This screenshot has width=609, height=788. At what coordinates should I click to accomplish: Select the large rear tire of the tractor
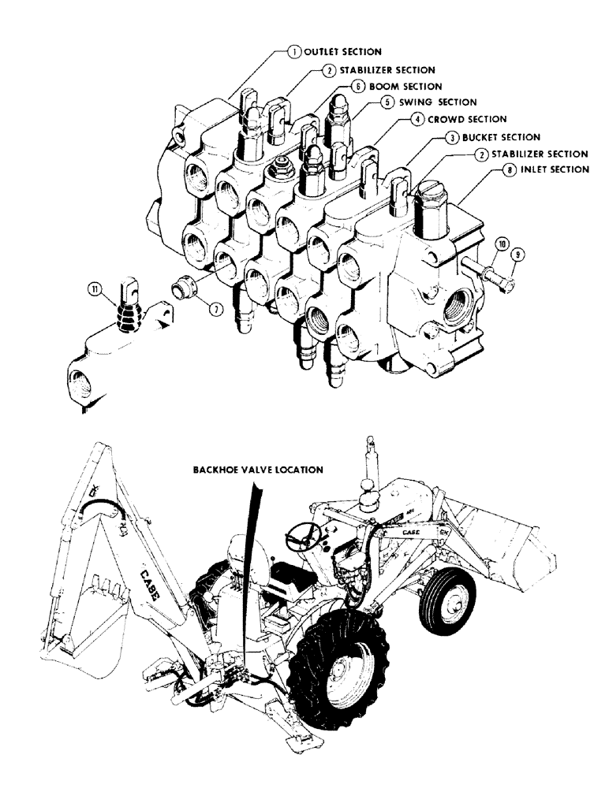coord(342,671)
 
